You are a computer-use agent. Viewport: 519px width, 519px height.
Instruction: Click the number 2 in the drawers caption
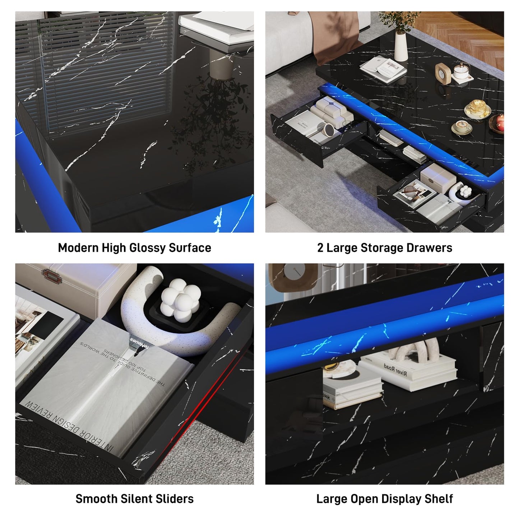320,248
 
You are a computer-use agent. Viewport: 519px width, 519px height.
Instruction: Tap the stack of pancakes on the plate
478,107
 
